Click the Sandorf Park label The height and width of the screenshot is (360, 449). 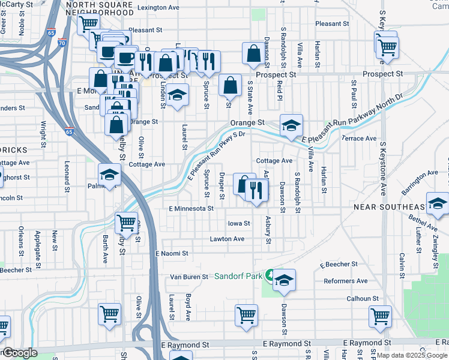239,277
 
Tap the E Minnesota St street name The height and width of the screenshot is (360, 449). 191,208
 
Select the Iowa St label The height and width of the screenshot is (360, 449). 238,223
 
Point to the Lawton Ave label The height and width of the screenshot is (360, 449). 227,239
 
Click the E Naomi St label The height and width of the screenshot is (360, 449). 172,254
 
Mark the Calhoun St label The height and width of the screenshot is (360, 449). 363,298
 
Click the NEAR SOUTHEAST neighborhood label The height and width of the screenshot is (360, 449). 389,207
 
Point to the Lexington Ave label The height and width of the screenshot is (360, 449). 158,8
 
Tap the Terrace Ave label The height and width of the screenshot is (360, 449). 359,138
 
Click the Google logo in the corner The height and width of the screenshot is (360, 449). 19,353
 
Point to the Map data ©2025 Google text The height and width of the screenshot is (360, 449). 412,355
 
